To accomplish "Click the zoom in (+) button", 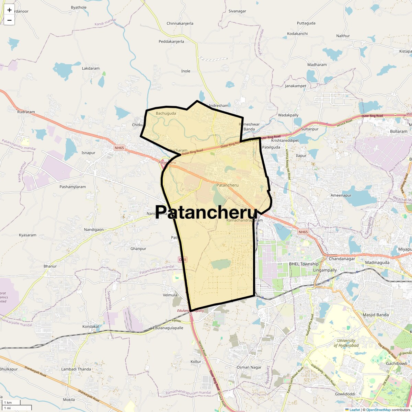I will [9, 10].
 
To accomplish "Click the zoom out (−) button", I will [9, 20].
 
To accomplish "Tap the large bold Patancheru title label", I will [206, 212].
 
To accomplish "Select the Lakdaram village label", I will [91, 68].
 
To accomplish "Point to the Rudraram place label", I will [26, 112].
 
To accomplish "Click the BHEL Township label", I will [304, 264].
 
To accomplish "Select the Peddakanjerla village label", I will [171, 42].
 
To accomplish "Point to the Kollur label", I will [196, 362].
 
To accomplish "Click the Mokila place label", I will [69, 400].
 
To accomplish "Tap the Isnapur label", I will [88, 153].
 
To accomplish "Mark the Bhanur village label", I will [50, 266].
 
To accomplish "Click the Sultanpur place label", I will [310, 129].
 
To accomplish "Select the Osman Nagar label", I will [249, 367].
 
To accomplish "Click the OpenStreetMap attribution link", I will [378, 410].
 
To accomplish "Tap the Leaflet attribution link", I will [354, 410].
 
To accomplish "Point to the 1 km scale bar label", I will [8, 402].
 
